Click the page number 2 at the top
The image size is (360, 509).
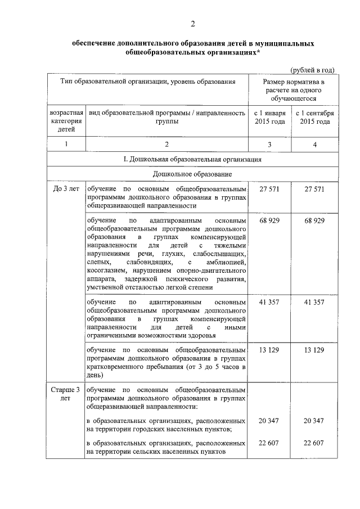tap(192, 24)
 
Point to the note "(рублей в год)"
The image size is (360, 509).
tap(312, 70)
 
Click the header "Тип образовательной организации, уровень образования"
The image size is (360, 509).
tap(147, 82)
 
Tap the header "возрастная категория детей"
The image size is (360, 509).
tap(66, 121)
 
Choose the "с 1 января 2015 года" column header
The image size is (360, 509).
tap(269, 117)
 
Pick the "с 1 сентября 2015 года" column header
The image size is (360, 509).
tap(314, 117)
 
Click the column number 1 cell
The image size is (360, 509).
tap(66, 145)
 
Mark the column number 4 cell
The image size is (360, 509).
tap(314, 145)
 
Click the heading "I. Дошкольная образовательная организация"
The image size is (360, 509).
tap(192, 160)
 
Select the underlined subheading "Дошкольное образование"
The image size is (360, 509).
tap(192, 174)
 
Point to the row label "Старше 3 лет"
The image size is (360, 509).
tap(66, 393)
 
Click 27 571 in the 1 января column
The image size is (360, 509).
tap(269, 189)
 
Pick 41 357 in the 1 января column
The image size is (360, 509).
tap(269, 302)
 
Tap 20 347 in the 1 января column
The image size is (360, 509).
tap(269, 421)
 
